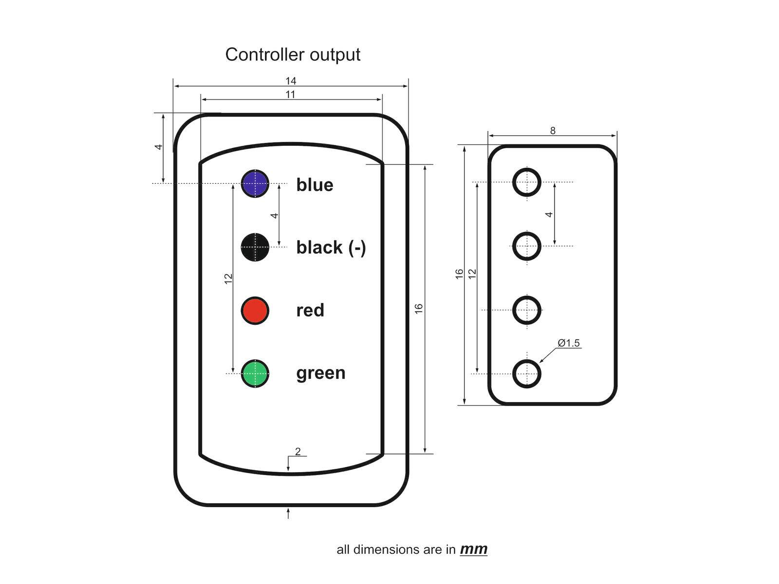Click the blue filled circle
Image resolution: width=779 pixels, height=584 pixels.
coord(255,184)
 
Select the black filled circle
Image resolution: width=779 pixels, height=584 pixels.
coord(255,247)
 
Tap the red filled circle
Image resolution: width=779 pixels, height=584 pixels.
coord(255,310)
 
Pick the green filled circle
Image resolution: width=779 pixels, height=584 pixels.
coord(255,373)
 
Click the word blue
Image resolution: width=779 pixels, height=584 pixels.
coord(315,185)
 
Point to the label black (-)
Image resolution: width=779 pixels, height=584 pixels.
coord(331,248)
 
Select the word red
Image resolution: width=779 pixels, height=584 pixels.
coord(310,310)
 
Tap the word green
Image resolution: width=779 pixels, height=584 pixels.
coord(321,373)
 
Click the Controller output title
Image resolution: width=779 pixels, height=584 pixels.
coord(293,54)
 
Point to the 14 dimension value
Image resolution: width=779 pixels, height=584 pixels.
coord(291,81)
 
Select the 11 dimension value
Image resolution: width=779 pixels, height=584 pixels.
coord(291,94)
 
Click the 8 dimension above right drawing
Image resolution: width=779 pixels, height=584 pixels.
coord(553,130)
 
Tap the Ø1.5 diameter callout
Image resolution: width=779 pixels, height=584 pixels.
coord(569,343)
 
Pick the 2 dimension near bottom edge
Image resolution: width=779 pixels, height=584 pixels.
coord(298,451)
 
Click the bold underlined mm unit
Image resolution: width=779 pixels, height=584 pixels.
coord(473,549)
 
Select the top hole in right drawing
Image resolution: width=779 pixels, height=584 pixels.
coord(527,182)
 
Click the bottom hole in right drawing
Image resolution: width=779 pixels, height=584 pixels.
coord(527,374)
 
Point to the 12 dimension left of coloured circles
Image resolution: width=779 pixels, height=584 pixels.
coord(228,279)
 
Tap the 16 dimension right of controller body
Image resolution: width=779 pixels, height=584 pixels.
coord(419,308)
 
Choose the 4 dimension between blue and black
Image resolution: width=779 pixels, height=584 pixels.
coord(274,215)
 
